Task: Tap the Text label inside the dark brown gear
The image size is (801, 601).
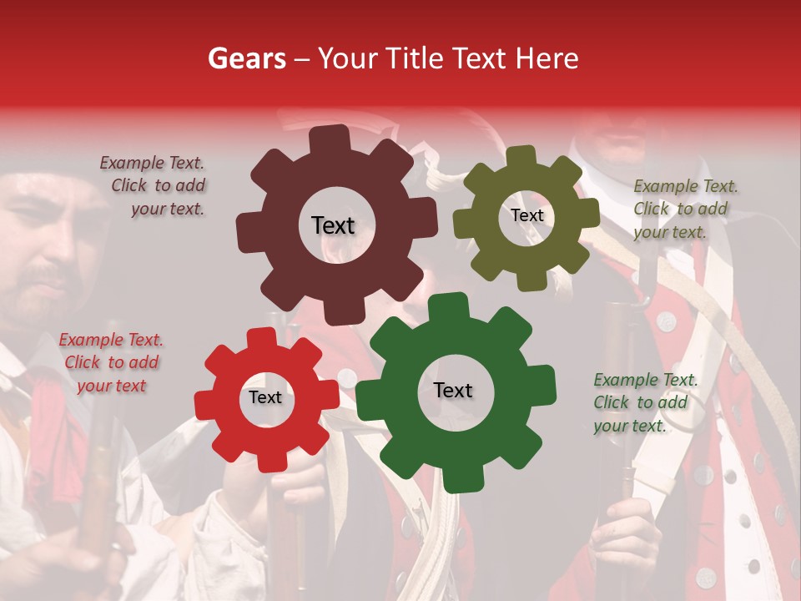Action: click(333, 225)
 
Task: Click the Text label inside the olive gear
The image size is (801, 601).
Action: click(527, 215)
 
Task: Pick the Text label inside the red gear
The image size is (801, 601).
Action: click(265, 398)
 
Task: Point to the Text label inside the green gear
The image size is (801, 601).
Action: click(453, 391)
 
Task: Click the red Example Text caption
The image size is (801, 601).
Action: click(112, 362)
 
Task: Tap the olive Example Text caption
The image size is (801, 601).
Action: click(684, 209)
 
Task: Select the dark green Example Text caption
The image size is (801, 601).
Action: click(644, 402)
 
